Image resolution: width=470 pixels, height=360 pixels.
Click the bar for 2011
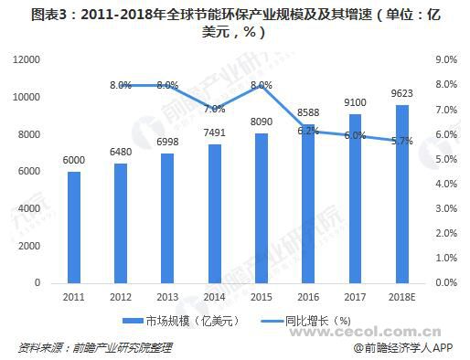point(74,227)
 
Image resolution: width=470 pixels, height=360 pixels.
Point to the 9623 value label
point(401,94)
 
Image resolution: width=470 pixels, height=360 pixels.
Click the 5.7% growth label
point(401,142)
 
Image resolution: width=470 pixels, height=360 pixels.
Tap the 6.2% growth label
point(307,131)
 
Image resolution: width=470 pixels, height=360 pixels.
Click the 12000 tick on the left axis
point(28,59)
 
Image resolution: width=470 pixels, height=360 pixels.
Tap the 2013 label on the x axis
point(167,297)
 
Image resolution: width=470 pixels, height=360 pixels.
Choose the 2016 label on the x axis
point(307,297)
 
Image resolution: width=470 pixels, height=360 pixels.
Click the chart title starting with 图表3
point(235,22)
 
